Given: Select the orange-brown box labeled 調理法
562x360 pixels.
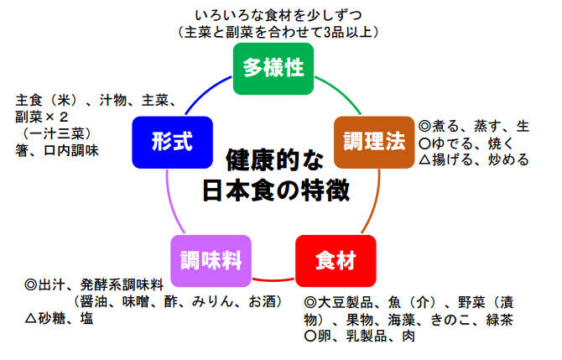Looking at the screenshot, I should (x=374, y=141).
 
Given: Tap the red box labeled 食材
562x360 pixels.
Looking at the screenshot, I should (x=335, y=261).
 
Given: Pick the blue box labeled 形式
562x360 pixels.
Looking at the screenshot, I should (x=173, y=141).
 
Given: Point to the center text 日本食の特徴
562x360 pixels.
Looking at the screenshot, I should (x=276, y=190).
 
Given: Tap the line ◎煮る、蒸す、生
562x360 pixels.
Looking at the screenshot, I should (x=474, y=126).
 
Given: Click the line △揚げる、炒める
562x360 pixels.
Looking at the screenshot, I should (x=474, y=159).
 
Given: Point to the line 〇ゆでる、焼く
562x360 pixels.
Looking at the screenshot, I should (x=466, y=143).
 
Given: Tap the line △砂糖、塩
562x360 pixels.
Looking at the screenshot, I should (x=59, y=319).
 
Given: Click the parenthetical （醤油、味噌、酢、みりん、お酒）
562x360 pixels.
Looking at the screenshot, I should (x=176, y=302).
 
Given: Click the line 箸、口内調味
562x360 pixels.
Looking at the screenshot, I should (x=57, y=151).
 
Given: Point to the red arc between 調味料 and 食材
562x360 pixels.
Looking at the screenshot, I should (x=273, y=279).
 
